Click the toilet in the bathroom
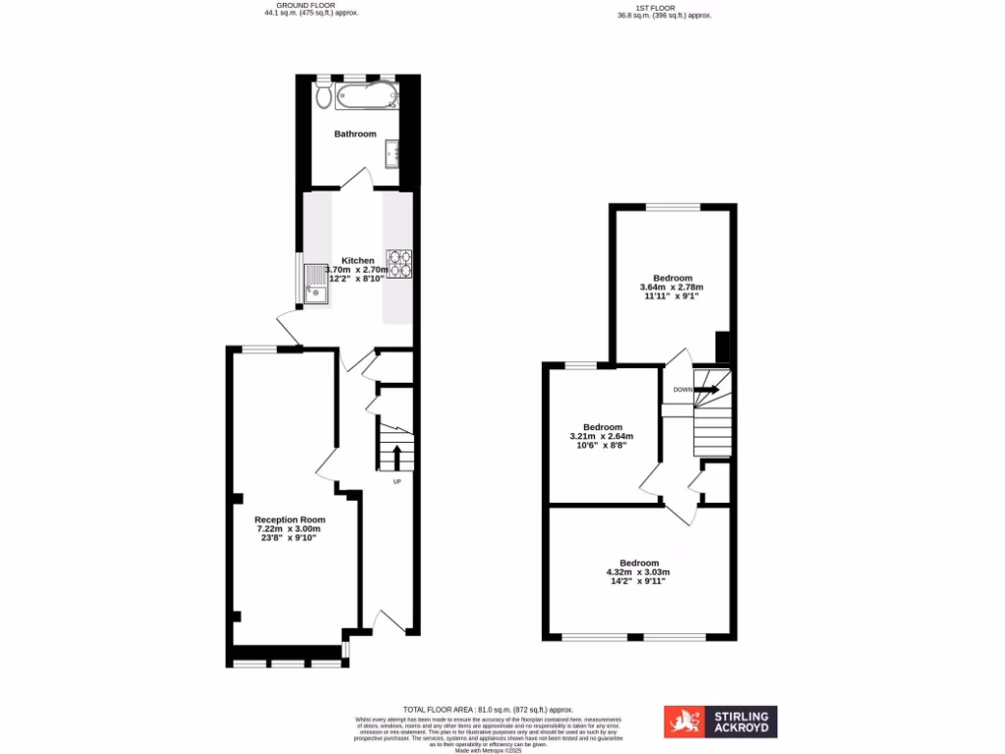[x=323, y=94]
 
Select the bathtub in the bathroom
[x=365, y=96]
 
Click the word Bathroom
[x=354, y=134]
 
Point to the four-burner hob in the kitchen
[x=399, y=264]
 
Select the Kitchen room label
[x=357, y=260]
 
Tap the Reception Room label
[x=290, y=519]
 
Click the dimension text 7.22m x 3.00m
[x=290, y=529]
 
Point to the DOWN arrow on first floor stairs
[x=705, y=390]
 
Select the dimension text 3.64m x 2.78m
[x=672, y=287]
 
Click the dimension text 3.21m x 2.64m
[x=603, y=436]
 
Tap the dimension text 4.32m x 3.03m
[x=638, y=572]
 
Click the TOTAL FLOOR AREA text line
[x=488, y=709]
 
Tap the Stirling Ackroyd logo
[x=721, y=722]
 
